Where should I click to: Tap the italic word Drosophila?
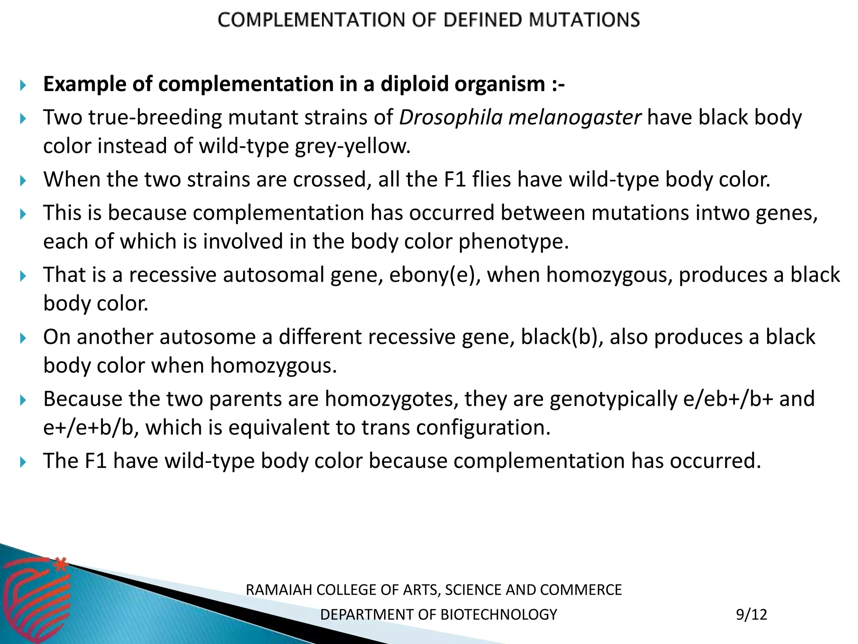point(450,118)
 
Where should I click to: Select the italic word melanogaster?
point(574,118)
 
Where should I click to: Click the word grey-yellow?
point(352,146)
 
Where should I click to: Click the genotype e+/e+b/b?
point(91,428)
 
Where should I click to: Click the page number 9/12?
point(752,615)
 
